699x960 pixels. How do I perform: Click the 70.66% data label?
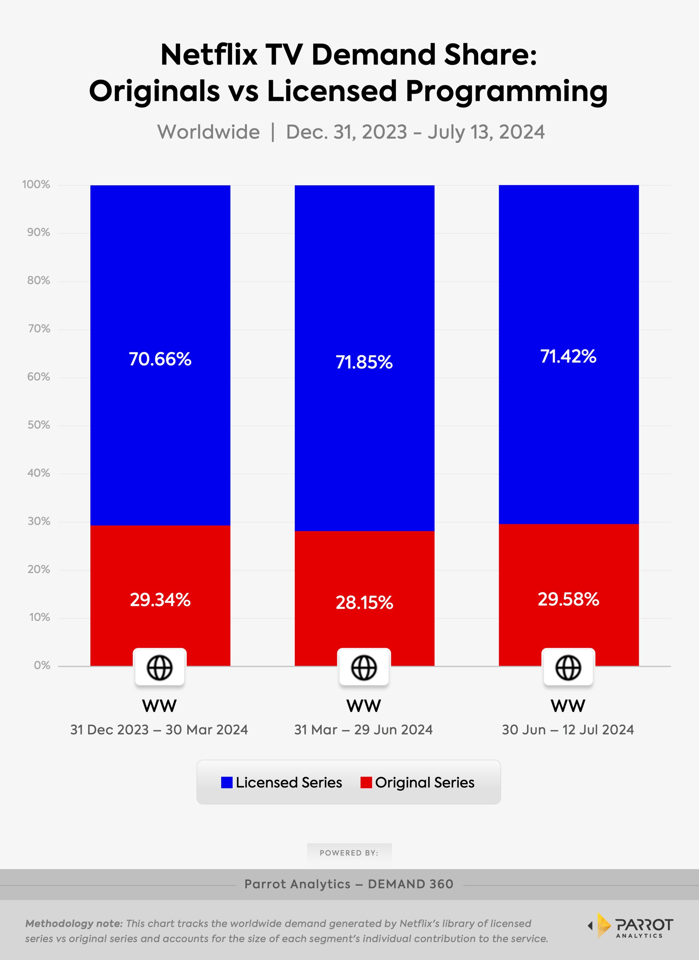point(160,359)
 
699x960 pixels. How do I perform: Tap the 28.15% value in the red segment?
point(364,602)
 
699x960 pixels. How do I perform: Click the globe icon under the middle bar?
point(364,668)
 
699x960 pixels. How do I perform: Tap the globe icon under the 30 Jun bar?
point(568,668)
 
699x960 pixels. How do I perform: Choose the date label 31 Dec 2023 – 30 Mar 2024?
point(159,729)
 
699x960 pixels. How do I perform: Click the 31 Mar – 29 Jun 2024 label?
point(363,729)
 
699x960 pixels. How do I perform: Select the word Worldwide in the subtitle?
point(208,132)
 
